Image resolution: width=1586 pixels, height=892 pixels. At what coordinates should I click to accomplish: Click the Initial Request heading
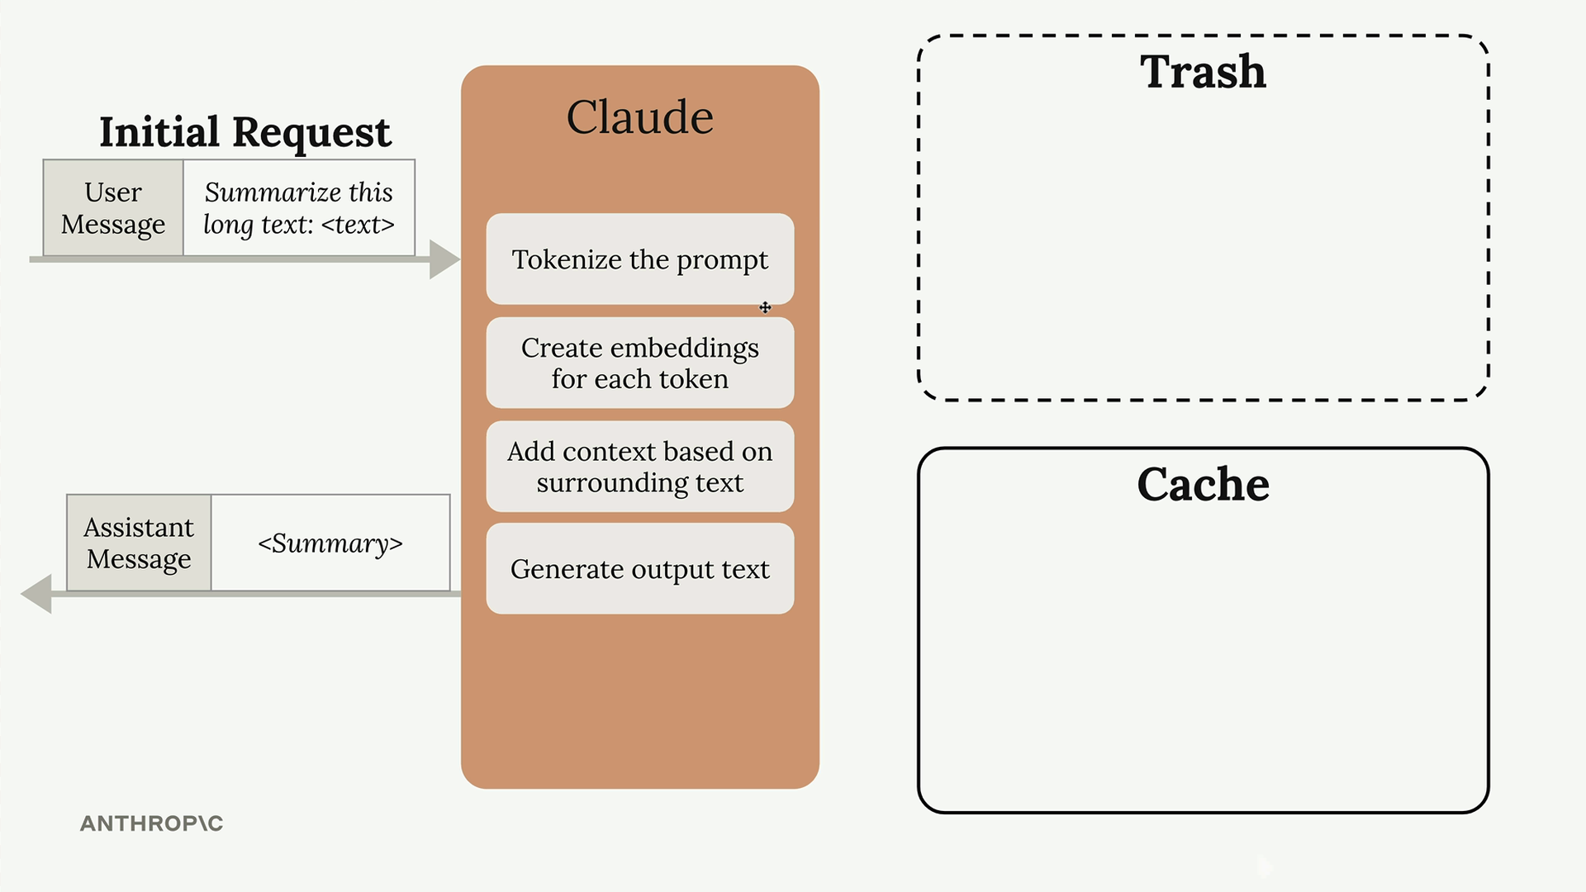coord(245,132)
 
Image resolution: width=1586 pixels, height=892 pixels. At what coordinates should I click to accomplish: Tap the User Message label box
coord(113,208)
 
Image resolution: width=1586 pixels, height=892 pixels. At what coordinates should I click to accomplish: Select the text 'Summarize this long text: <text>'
coord(299,208)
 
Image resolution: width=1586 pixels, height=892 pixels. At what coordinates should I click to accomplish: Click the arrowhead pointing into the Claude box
coord(444,259)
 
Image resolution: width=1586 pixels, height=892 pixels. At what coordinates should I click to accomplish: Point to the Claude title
coord(640,116)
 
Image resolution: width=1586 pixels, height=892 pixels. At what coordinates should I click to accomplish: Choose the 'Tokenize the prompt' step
coord(640,259)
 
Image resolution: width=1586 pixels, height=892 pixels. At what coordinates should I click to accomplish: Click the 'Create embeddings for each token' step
coord(640,363)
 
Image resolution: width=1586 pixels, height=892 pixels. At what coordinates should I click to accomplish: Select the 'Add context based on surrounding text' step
coord(640,467)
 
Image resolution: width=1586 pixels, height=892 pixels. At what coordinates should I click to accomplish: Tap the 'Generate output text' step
coord(640,568)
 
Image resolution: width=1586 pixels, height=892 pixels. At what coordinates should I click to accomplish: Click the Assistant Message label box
coord(139,543)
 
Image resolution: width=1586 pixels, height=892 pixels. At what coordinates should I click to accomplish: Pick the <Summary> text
coord(330,543)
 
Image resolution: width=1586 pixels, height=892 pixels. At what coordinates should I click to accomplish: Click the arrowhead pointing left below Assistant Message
coord(36,594)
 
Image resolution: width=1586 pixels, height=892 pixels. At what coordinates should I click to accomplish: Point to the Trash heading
coord(1204,71)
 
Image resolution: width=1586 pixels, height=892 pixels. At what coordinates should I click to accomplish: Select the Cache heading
coord(1204,484)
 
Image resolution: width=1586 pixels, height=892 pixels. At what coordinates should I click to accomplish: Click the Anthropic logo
coord(152,823)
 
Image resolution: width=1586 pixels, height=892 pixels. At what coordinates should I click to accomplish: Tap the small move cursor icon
coord(766,308)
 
